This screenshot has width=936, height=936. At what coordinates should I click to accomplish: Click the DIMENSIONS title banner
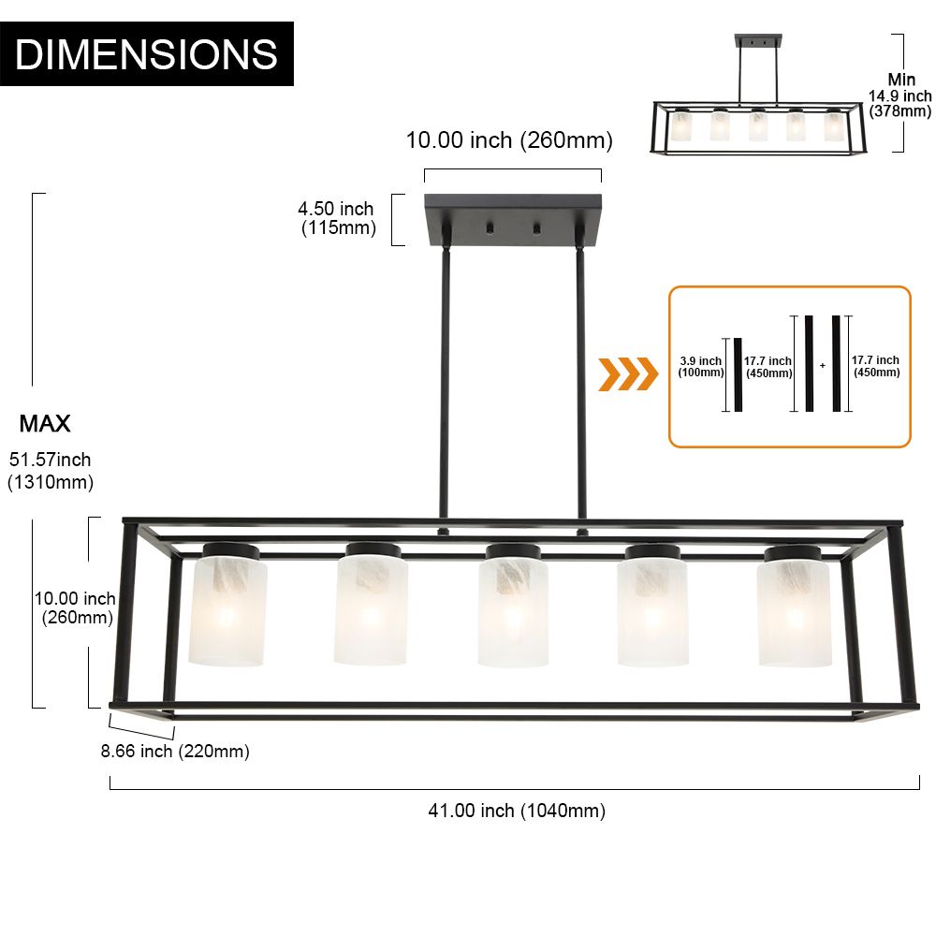(x=146, y=53)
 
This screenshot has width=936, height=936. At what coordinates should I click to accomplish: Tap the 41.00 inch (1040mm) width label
(x=517, y=811)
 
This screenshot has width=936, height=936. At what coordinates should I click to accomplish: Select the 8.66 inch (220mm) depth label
(x=175, y=751)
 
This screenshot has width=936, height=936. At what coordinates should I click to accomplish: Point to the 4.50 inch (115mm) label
(x=337, y=218)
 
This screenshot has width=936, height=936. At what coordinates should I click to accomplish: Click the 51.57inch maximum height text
(x=51, y=460)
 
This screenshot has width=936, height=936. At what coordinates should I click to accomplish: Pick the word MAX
(x=45, y=424)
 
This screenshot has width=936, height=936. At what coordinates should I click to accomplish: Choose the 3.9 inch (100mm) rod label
(x=701, y=367)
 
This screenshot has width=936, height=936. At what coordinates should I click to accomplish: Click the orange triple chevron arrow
(x=628, y=374)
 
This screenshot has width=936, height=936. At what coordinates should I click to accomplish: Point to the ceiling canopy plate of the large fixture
(x=513, y=220)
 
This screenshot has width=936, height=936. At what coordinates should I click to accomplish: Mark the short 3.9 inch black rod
(x=738, y=375)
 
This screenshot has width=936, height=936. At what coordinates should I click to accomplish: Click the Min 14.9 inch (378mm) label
(x=899, y=95)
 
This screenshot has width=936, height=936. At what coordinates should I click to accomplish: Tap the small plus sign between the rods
(x=823, y=365)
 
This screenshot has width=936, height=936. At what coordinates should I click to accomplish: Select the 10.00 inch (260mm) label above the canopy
(x=509, y=140)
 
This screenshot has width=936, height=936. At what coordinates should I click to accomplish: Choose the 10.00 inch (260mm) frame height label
(x=75, y=607)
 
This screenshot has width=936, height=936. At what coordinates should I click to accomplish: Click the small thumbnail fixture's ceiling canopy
(x=758, y=40)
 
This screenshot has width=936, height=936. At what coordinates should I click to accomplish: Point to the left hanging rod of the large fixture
(x=444, y=382)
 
